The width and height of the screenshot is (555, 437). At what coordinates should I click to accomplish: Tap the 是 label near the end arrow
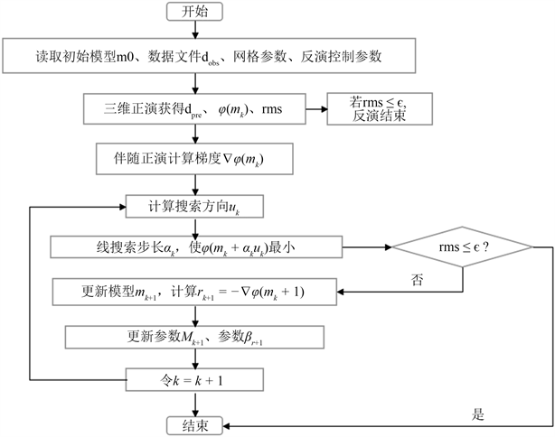coord(479,414)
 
